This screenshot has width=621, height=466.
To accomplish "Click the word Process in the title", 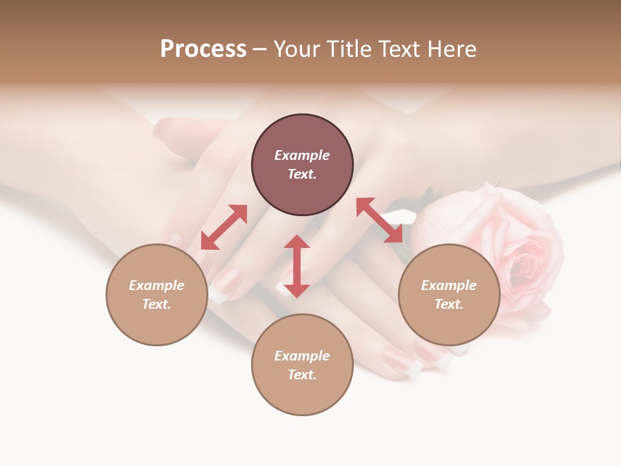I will click(x=203, y=49).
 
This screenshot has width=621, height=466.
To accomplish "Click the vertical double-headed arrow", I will click(x=297, y=266).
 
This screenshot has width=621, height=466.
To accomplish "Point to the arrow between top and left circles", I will click(x=224, y=227).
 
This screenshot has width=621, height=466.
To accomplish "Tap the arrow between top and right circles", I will click(x=380, y=220).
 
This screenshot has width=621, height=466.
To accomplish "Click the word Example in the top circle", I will click(x=302, y=155).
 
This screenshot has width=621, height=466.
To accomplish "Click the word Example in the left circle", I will click(x=157, y=285).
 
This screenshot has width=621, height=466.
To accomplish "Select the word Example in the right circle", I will click(x=449, y=285).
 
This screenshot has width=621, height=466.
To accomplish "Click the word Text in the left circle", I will click(x=156, y=304).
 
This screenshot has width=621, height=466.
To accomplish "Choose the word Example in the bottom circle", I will click(x=302, y=356).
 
